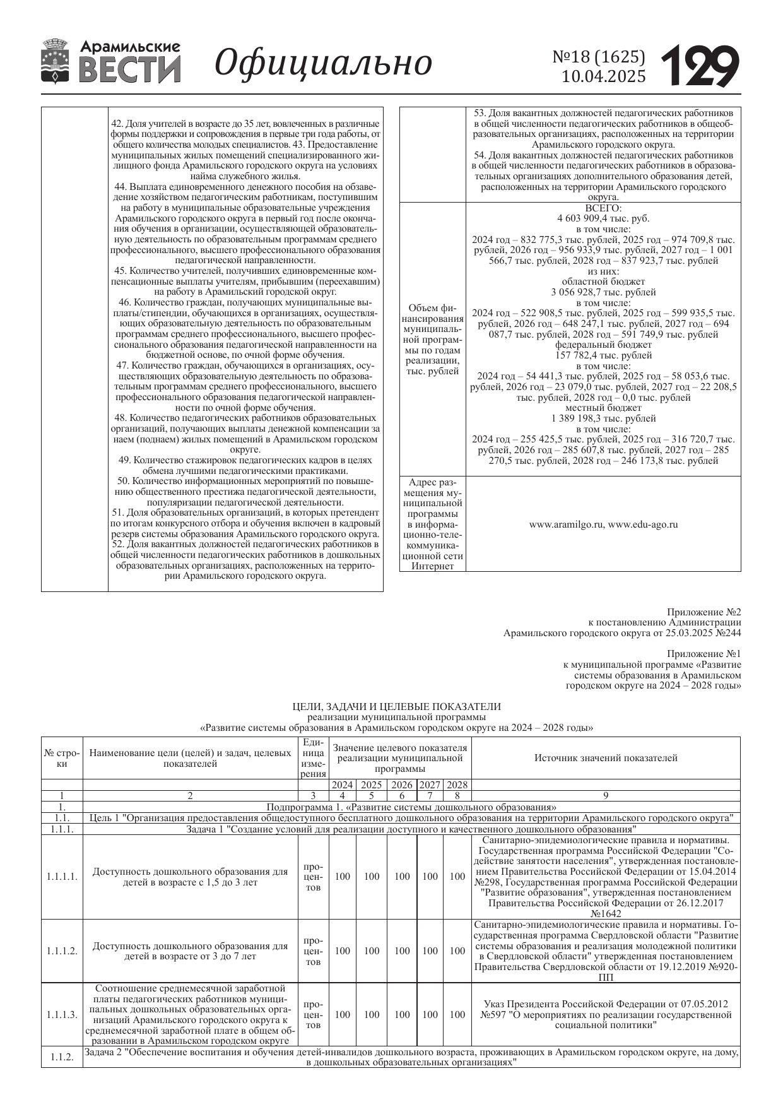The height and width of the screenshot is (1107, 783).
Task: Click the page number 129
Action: coord(700,66)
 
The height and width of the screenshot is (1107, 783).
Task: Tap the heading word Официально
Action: coord(323,63)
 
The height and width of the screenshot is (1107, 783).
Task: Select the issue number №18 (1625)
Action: coord(599,57)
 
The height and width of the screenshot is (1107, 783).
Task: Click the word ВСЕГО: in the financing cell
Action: coord(603,208)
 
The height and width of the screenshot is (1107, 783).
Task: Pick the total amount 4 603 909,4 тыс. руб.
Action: coord(603,219)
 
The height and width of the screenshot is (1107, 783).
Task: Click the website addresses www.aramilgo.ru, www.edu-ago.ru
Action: coord(603,524)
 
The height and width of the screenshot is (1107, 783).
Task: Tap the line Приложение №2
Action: coord(704,612)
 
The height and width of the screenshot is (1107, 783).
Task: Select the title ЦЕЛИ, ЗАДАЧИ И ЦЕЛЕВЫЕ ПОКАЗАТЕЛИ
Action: coord(397,707)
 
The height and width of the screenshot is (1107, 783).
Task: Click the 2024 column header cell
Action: coord(342,785)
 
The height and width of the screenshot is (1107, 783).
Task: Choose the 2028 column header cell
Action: coord(457,785)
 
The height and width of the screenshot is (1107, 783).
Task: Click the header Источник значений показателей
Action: coord(606,758)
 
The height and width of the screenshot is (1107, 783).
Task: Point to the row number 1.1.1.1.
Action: coord(62,877)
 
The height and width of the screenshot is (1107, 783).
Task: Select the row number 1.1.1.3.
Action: coord(62,1015)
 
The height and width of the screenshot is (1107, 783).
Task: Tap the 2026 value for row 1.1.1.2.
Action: coord(402,951)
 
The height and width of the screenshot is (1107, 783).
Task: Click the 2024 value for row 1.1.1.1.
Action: coord(342,877)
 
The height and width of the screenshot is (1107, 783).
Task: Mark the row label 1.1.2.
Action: coord(62,1058)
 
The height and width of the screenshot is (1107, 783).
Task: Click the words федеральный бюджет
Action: coord(603,345)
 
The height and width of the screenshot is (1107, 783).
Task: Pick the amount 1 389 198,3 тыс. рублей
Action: coord(603,418)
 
